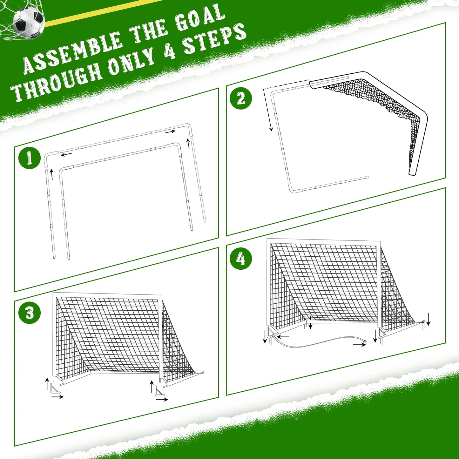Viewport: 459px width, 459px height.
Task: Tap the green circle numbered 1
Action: pos(29,158)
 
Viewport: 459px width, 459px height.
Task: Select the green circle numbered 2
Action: pos(241,98)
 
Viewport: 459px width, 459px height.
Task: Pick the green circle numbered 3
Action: pos(29,313)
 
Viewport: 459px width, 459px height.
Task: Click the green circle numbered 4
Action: pos(241,259)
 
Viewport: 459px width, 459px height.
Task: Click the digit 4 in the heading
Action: pos(170,51)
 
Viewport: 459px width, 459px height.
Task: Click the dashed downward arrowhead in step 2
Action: pos(271,128)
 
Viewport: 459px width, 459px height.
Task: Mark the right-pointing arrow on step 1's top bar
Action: pos(170,132)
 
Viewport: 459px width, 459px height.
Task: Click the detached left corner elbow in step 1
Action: pos(49,157)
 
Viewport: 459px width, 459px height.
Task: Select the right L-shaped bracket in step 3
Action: pos(159,391)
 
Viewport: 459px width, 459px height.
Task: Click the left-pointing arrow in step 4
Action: pos(283,336)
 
